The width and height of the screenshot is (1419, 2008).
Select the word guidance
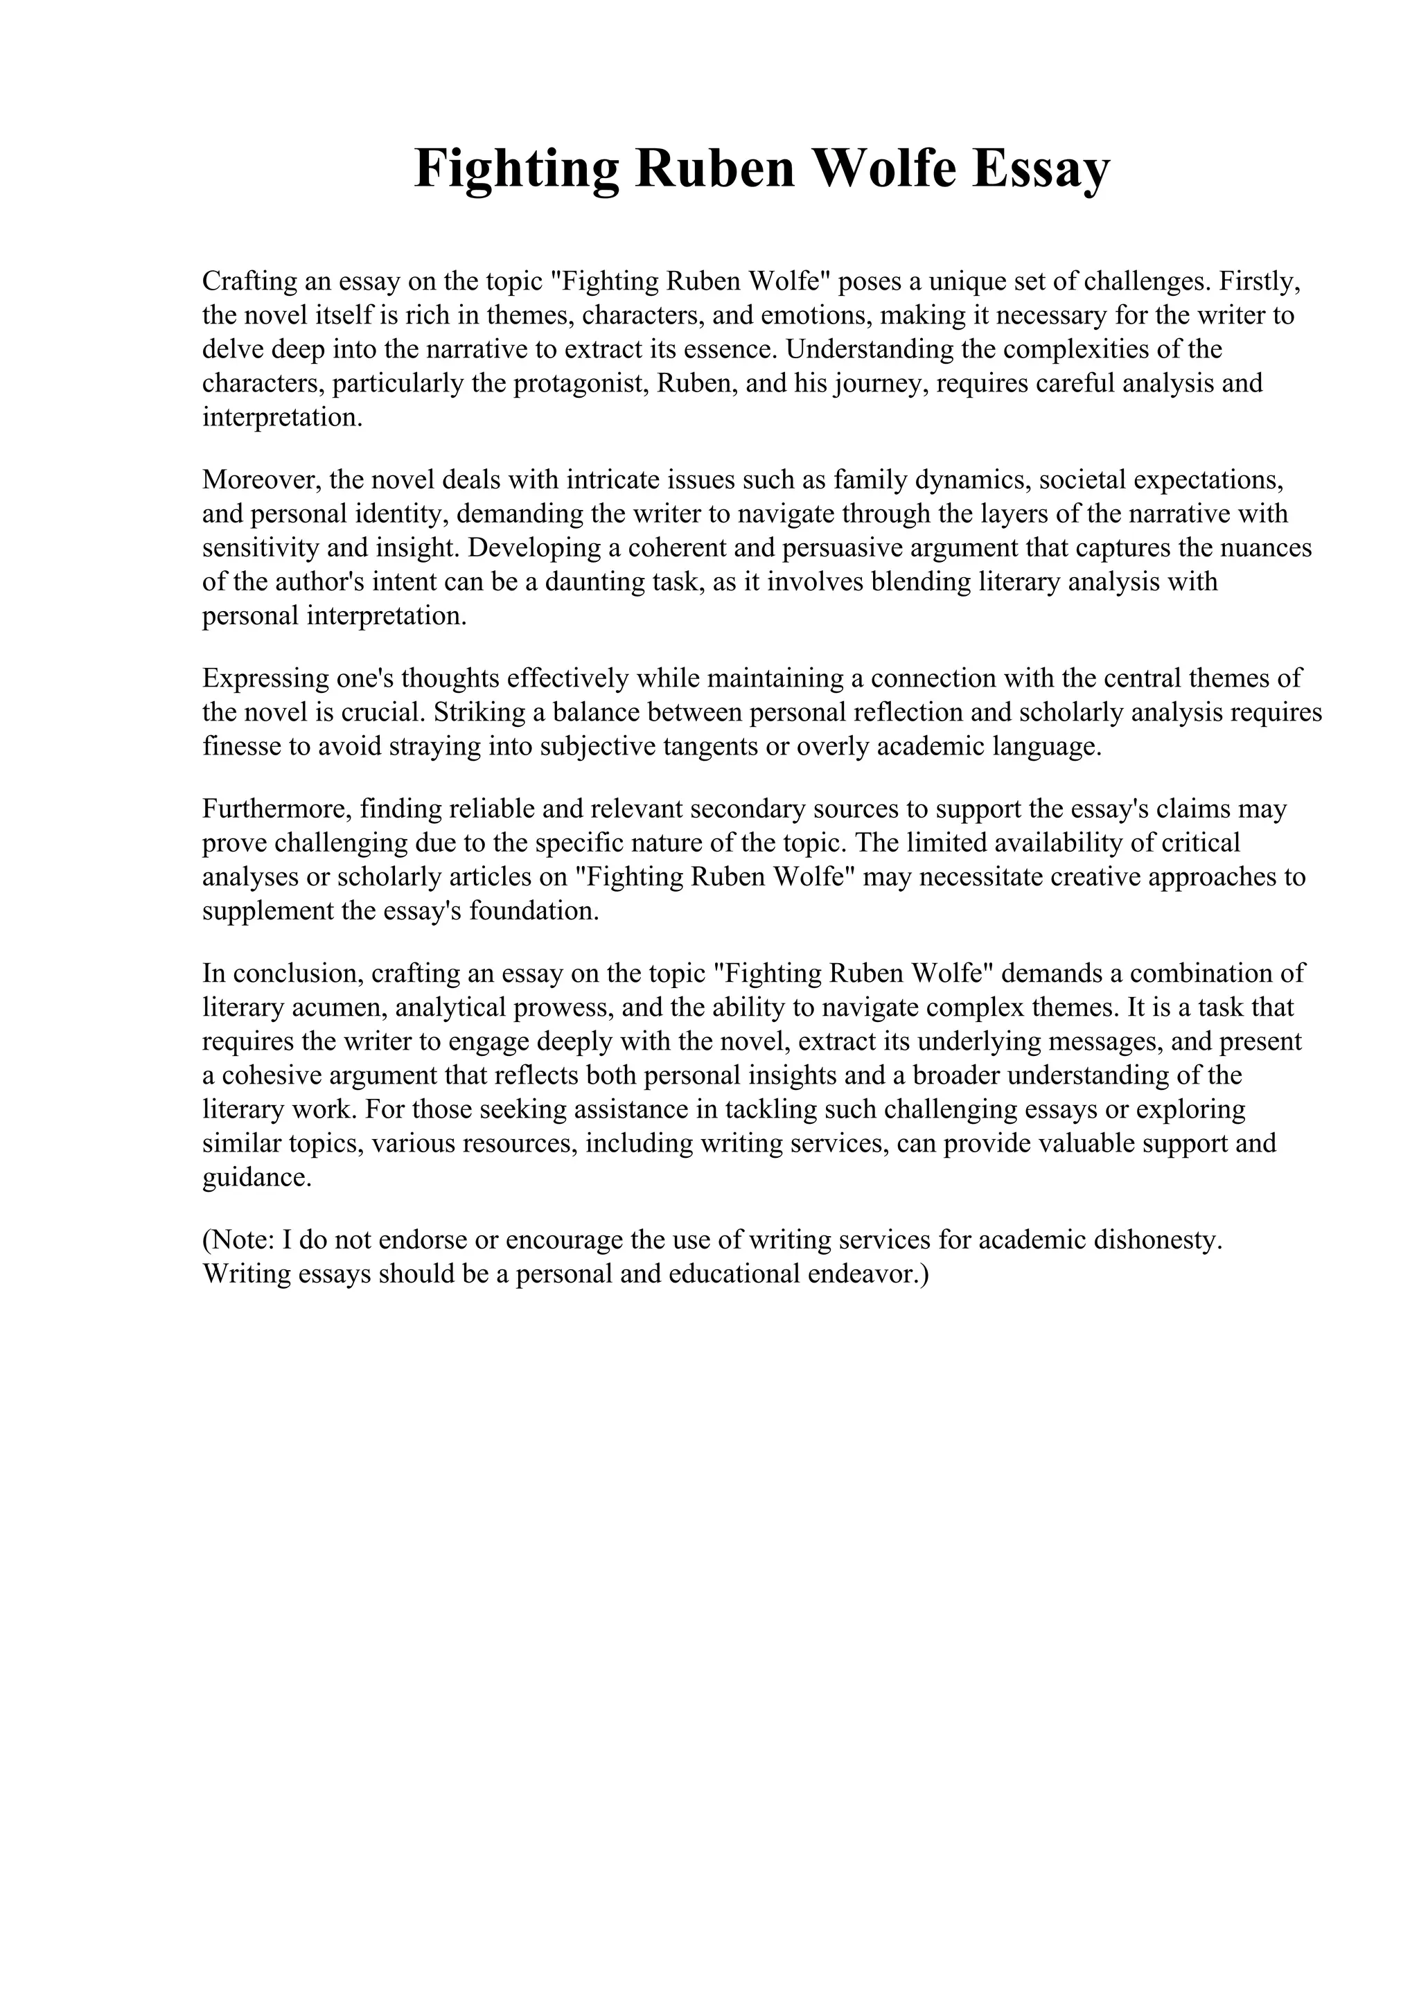point(256,1178)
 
